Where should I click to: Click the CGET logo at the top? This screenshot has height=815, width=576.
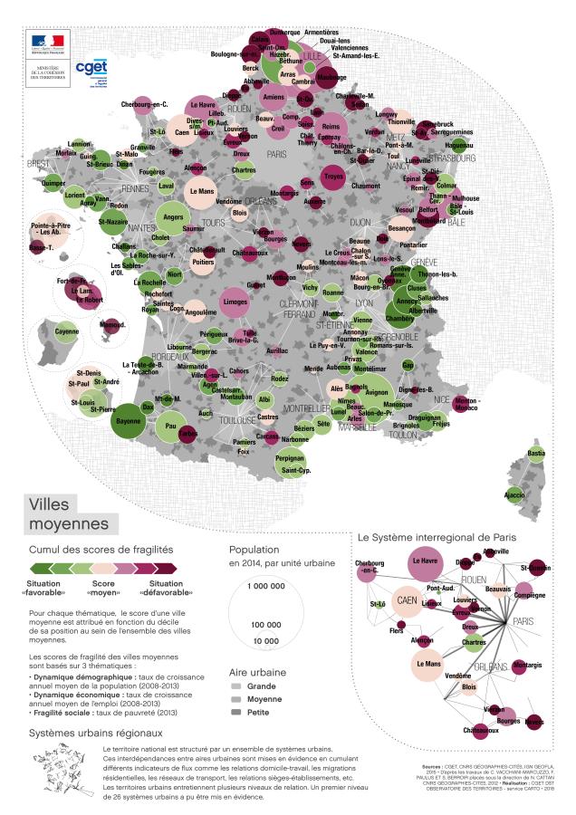pos(91,69)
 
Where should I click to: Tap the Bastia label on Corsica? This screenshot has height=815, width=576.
pos(537,453)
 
